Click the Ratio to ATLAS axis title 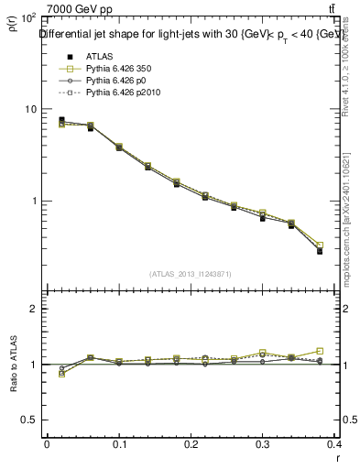pyautogui.click(x=14, y=365)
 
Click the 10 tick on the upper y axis pyautogui.click(x=29, y=109)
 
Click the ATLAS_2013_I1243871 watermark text pyautogui.click(x=191, y=273)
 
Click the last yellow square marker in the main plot pyautogui.click(x=320, y=245)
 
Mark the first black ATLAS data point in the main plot pyautogui.click(x=61, y=119)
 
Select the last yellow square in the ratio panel pyautogui.click(x=320, y=351)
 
